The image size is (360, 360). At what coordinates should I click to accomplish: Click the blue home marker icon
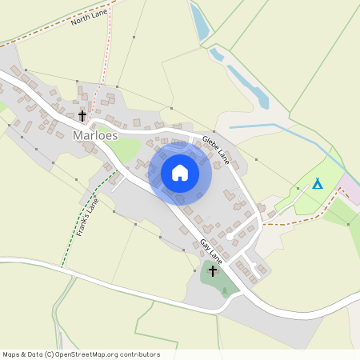pos(180,173)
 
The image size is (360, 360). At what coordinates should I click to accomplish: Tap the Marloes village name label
pos(95,135)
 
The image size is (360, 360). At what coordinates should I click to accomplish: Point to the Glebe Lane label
pos(216,150)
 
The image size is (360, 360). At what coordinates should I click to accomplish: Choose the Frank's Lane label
pos(88,216)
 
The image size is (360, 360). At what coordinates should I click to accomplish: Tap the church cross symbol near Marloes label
pos(82,117)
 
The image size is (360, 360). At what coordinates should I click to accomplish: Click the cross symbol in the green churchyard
pos(212,271)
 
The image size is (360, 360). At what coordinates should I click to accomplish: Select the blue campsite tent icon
pos(318,183)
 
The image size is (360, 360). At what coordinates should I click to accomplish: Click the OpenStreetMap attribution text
pos(81,354)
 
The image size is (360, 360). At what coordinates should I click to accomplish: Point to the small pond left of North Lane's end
pos(199,22)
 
